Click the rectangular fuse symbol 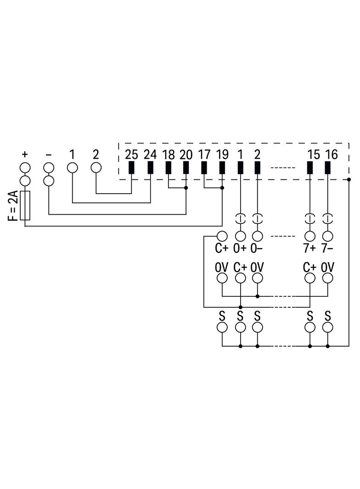[25, 206]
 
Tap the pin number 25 [131, 155]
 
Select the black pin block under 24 [150, 167]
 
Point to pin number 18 [169, 155]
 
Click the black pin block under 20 [186, 167]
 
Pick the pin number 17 [204, 155]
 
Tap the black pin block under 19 [222, 167]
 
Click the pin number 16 [331, 155]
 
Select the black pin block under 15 [310, 167]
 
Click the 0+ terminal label [240, 248]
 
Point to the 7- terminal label [327, 248]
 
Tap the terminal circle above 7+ [310, 236]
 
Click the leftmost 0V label [221, 267]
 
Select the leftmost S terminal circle [222, 328]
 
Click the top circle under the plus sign [25, 168]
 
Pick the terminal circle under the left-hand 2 [96, 168]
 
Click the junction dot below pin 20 [186, 188]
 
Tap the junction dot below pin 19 [222, 188]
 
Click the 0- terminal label [257, 248]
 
